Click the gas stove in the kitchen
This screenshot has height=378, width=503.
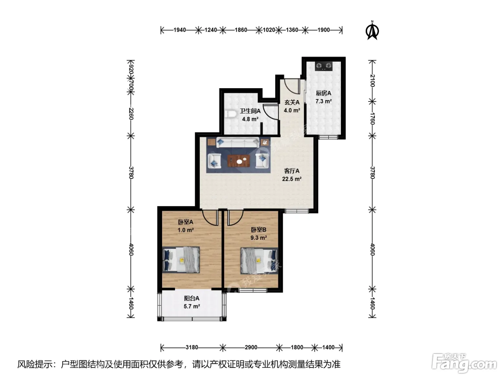(324, 66)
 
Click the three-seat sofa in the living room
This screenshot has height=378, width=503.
(237, 143)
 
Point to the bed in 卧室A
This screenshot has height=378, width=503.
(181, 260)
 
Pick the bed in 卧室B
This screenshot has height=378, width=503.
(259, 261)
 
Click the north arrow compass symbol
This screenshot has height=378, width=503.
(372, 31)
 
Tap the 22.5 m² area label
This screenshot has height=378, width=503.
(291, 179)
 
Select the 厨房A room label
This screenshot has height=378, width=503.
(323, 93)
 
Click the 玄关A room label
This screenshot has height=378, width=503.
(292, 102)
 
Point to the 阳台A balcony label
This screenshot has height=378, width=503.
(192, 298)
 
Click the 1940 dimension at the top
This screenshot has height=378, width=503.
(180, 30)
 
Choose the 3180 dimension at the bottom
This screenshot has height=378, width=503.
(192, 347)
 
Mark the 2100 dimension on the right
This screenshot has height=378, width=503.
(372, 81)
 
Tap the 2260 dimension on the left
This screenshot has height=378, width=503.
(131, 114)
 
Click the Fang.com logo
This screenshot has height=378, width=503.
(464, 363)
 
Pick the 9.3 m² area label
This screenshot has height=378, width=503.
(258, 238)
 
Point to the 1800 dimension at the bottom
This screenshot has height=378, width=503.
(297, 347)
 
